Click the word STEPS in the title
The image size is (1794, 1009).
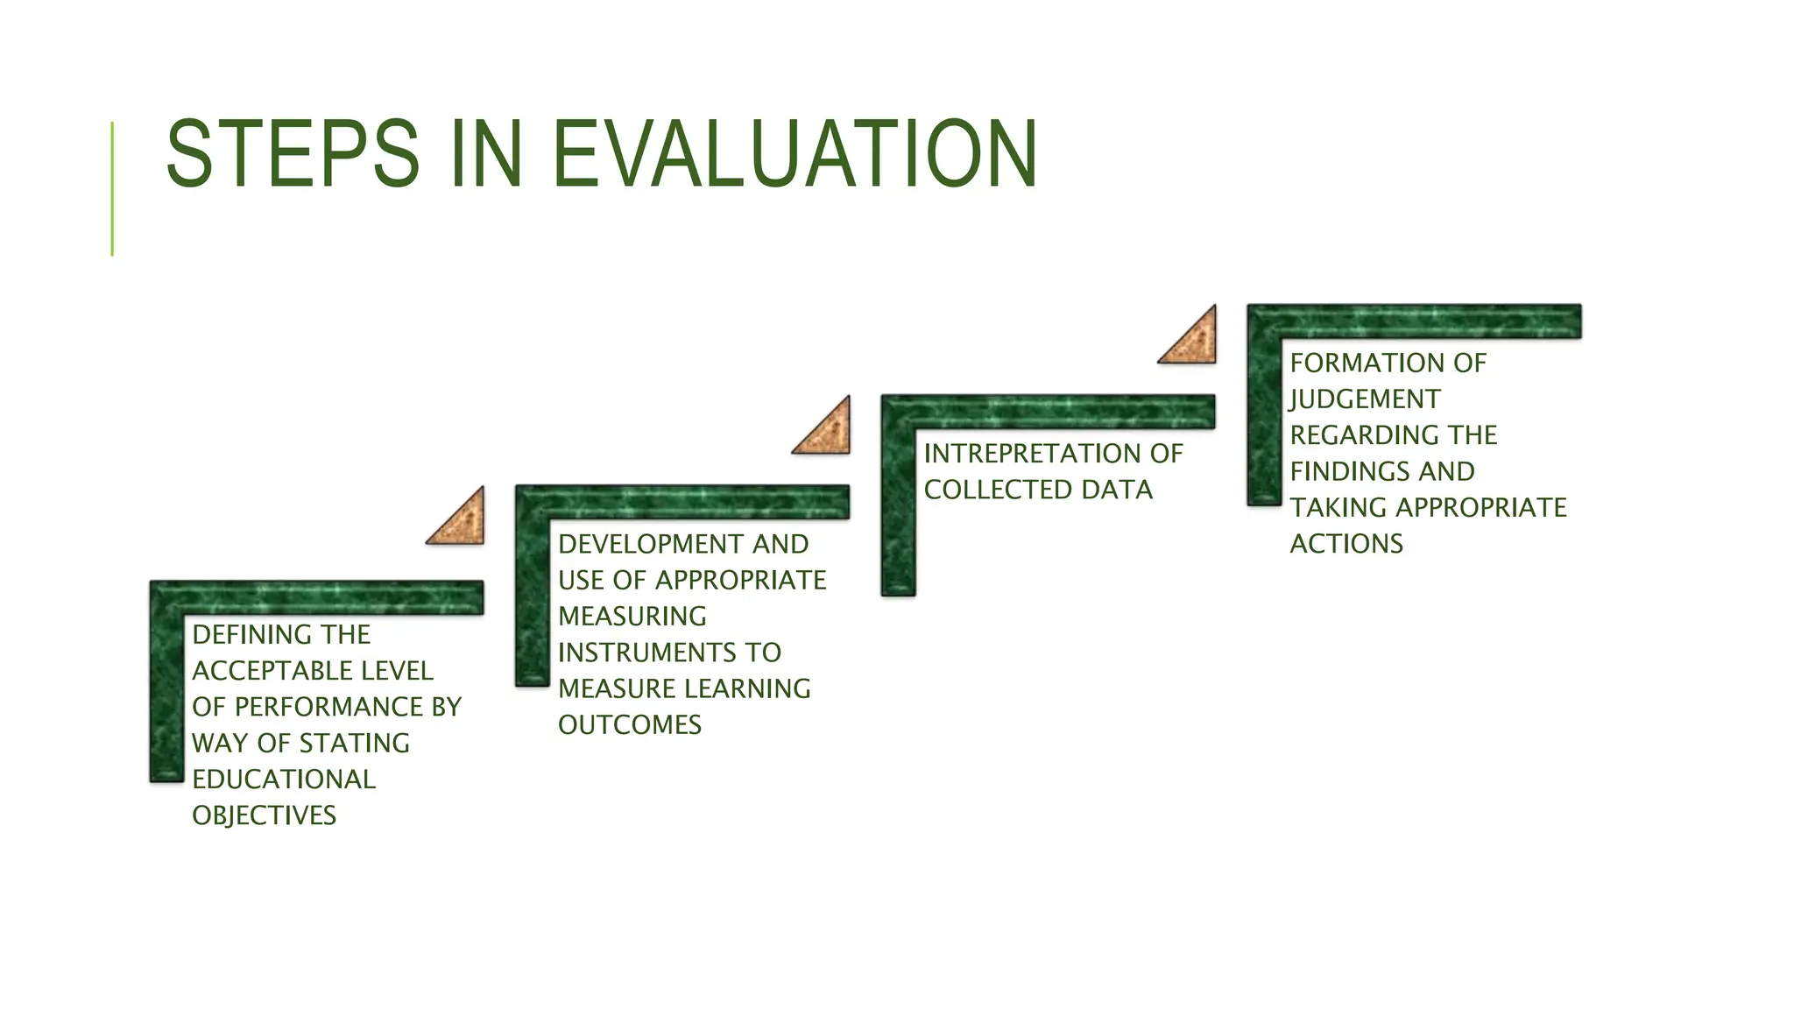coord(293,154)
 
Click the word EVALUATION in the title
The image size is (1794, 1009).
coord(795,154)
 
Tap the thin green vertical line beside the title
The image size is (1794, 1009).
coord(112,188)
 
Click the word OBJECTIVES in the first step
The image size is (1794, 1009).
coord(264,815)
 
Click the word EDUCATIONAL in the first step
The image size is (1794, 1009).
coord(283,779)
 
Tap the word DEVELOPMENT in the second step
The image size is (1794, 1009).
coord(650,544)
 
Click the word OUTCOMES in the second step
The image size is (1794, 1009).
coord(629,724)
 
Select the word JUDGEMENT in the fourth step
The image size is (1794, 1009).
coord(1364,399)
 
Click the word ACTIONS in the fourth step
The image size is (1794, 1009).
coord(1345,544)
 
